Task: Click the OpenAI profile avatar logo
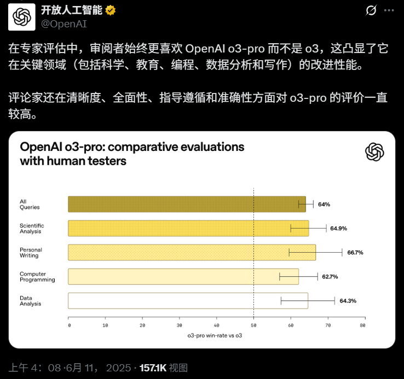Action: coord(22,17)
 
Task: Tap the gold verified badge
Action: coord(110,10)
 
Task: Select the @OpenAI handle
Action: coord(64,24)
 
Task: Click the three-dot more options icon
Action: coord(389,10)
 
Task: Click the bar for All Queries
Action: coord(187,204)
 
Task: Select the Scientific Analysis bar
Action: coord(188,228)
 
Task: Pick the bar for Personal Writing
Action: coord(192,252)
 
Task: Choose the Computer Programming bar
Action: coord(183,277)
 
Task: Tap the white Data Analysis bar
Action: coord(188,300)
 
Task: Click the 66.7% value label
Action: coord(355,253)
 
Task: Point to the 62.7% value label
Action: coord(330,277)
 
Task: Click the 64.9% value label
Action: coord(338,229)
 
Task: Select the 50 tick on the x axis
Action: coord(253,325)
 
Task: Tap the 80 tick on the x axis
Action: coord(362,325)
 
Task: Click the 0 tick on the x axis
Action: coord(70,325)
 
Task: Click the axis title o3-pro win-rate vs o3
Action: coord(215,335)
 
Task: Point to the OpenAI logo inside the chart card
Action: coord(374,152)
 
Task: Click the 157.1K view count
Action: coord(153,368)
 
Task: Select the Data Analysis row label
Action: coord(31,301)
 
